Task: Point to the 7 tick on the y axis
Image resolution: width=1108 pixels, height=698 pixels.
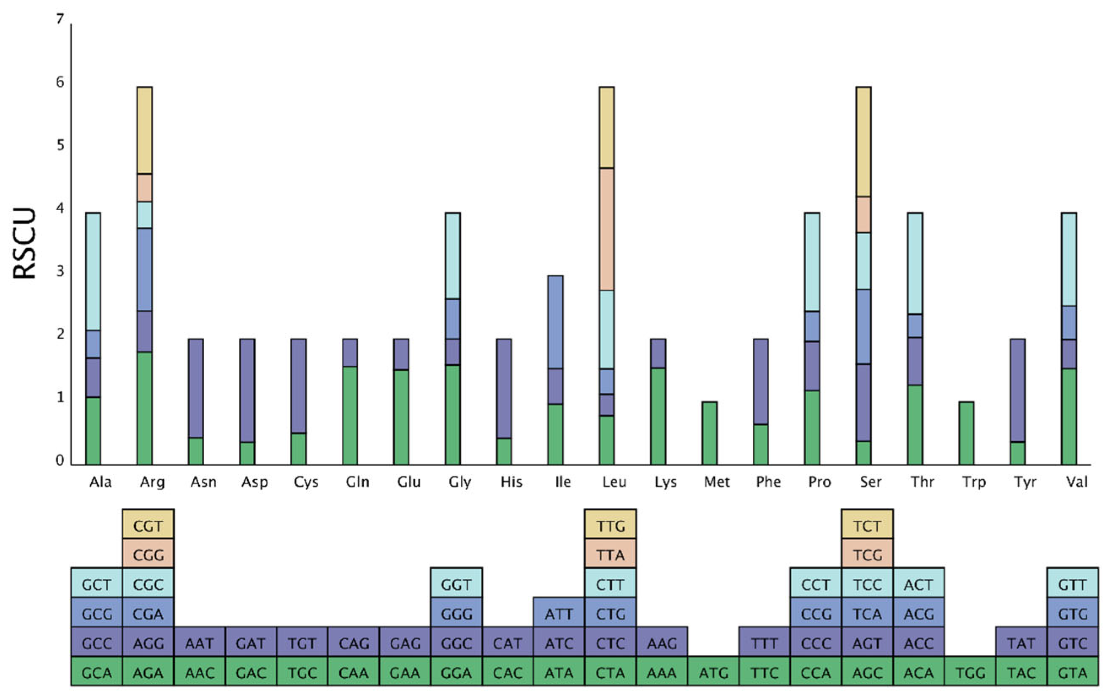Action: [x=60, y=19]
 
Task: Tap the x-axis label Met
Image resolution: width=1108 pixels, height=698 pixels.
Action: [x=716, y=482]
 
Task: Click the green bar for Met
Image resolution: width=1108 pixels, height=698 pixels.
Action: [x=709, y=433]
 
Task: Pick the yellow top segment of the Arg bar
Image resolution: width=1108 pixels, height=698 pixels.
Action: [x=144, y=130]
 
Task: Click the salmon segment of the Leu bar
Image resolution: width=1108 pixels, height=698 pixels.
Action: [x=606, y=229]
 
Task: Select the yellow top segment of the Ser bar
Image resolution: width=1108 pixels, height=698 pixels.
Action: [x=863, y=141]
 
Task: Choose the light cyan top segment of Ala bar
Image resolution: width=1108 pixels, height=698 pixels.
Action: [x=93, y=271]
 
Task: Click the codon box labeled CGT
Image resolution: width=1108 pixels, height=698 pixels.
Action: [x=148, y=526]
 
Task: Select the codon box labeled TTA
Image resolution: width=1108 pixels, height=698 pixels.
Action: [x=610, y=555]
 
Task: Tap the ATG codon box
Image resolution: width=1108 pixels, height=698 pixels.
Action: [x=713, y=673]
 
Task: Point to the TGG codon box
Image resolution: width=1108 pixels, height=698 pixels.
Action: [x=970, y=673]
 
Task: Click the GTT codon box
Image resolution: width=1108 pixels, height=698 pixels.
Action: [x=1073, y=584]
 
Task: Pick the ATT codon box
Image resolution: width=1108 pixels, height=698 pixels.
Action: [x=559, y=614]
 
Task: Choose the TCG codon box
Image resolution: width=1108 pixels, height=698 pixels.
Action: [x=867, y=555]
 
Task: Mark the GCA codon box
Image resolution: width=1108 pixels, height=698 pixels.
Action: [x=97, y=673]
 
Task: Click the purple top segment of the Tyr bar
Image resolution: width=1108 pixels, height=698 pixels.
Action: [x=1017, y=390]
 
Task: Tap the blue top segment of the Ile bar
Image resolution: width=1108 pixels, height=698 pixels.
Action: [x=555, y=322]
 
